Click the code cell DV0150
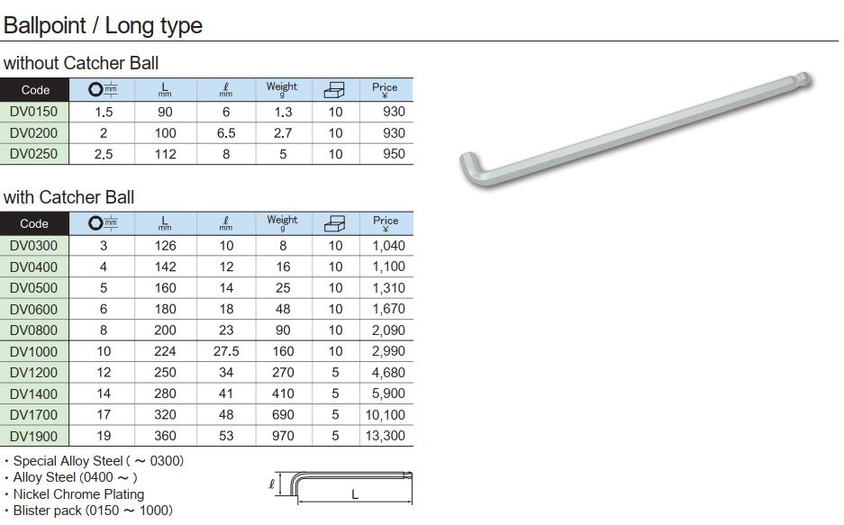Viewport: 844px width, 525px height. tap(34, 112)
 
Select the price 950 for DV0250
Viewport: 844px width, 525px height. tap(394, 154)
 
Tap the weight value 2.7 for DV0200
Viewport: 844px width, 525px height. tap(283, 133)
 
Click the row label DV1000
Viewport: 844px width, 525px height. tap(34, 351)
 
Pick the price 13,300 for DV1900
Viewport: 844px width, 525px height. tap(385, 436)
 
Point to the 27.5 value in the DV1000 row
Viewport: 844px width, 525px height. tap(226, 351)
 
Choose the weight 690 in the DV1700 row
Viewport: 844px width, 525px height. tap(283, 415)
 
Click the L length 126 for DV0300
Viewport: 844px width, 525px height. tap(165, 246)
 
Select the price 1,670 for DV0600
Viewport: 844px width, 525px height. tap(388, 309)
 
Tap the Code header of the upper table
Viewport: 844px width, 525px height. tap(35, 90)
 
